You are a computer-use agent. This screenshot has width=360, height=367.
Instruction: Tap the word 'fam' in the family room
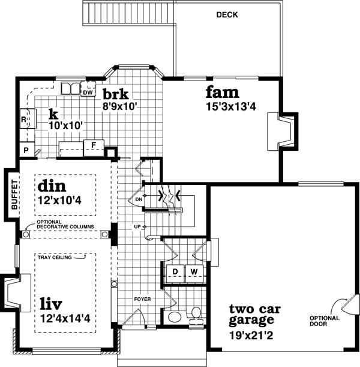pos(223,93)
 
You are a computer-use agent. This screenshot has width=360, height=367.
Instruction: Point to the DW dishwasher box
pos(88,92)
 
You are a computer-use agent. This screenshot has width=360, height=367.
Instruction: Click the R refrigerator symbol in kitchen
pos(24,119)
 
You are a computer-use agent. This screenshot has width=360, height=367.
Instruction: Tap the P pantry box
pos(26,150)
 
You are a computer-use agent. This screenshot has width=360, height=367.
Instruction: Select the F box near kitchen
pos(94,145)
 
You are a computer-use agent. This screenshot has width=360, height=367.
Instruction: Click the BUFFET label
pos(13,194)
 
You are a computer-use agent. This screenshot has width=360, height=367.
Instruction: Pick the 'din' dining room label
pos(52,184)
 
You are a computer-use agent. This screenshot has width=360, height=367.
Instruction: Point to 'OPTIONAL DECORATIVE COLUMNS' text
pos(65,224)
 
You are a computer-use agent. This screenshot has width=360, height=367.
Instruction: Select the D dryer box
pos(176,272)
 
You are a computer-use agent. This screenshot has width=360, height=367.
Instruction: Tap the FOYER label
pos(143,298)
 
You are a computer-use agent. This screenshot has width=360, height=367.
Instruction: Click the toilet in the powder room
pos(195,313)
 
